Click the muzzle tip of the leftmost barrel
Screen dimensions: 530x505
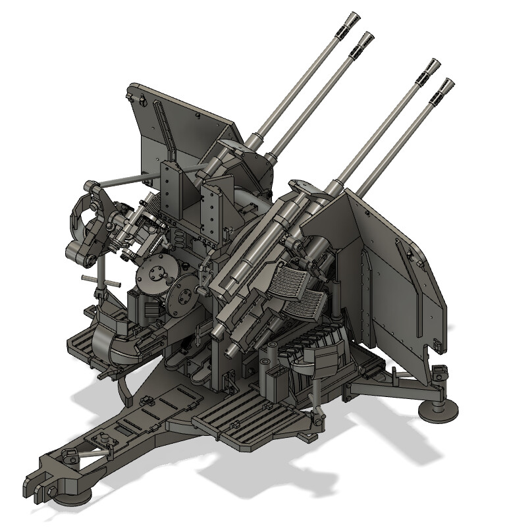click(354, 18)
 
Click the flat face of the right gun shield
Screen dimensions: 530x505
click(395, 277)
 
